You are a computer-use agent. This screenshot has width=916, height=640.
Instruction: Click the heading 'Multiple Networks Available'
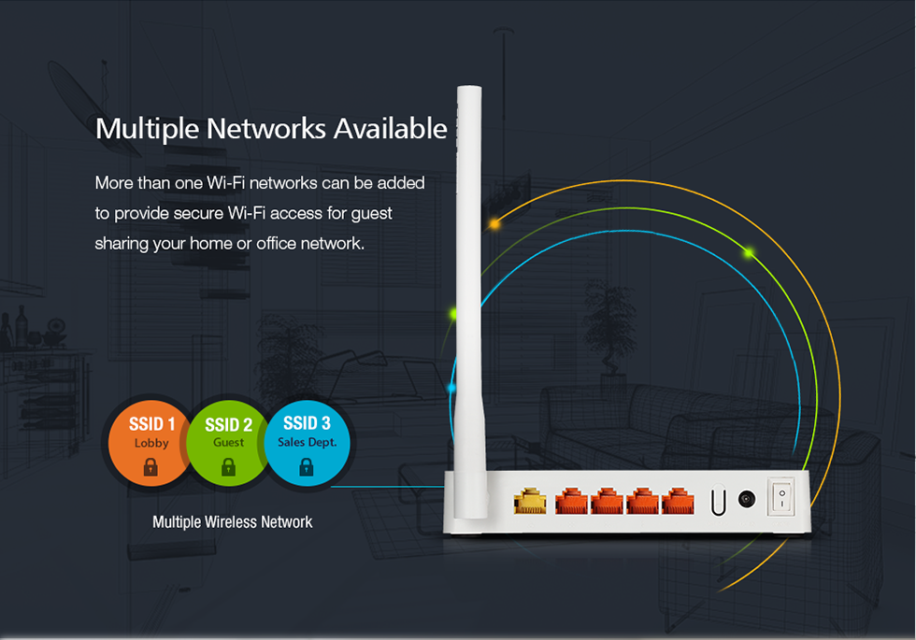[271, 129]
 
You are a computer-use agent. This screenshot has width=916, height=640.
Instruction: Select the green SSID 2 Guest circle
[229, 443]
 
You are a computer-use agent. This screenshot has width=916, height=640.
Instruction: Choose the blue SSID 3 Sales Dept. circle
[308, 443]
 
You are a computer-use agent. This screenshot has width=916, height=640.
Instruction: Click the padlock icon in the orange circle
[150, 466]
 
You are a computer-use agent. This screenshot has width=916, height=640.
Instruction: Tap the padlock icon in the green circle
[228, 466]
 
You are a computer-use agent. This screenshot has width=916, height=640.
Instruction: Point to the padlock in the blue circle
[307, 466]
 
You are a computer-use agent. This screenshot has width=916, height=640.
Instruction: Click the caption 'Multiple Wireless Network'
[233, 522]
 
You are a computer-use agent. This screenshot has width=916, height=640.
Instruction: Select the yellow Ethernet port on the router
[530, 502]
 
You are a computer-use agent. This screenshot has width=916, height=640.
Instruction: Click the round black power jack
[747, 499]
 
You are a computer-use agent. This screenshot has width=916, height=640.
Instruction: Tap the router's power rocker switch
[781, 497]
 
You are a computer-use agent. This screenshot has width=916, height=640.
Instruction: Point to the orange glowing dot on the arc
[494, 223]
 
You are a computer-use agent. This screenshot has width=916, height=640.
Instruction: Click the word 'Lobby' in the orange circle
[151, 443]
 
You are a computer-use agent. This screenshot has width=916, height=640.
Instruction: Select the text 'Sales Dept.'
[308, 442]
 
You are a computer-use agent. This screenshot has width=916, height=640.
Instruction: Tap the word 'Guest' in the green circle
[228, 442]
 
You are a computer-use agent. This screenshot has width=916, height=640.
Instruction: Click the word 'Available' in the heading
[391, 129]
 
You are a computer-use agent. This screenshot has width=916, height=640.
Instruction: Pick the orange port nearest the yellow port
[571, 501]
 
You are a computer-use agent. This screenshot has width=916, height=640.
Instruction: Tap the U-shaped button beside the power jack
[719, 501]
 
